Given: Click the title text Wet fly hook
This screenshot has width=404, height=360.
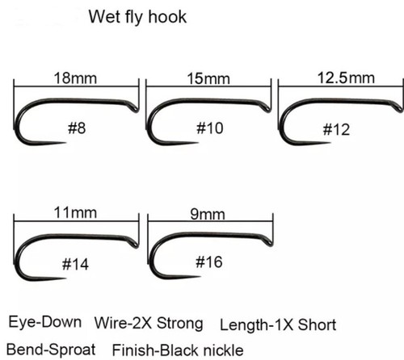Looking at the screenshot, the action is point(137,17).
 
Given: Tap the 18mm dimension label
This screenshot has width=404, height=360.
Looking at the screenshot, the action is point(75,78).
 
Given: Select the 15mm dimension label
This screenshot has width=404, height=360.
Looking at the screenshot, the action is point(208,79).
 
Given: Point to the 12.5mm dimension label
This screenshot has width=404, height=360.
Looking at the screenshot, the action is point(346,77).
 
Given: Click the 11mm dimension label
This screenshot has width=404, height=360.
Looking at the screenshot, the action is point(75,213).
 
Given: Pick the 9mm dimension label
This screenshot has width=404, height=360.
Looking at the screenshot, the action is point(208,215).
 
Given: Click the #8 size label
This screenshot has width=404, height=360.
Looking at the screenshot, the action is point(77,128).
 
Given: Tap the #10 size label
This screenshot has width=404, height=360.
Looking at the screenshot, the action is point(210,128).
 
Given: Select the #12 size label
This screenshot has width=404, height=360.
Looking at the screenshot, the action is point(336,130).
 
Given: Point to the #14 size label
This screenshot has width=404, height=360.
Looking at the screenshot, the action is point(75,264).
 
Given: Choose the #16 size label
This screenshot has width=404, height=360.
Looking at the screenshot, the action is point(209,262).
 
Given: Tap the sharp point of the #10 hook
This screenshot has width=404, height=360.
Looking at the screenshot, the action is point(198,143).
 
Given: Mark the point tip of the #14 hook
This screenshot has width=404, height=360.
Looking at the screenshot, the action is point(65,278).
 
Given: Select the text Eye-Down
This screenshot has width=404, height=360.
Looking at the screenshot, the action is point(44,322).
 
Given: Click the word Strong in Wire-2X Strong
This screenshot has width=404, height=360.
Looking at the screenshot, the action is point(179,323).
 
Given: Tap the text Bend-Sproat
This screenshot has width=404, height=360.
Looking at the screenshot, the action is point(51,350).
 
